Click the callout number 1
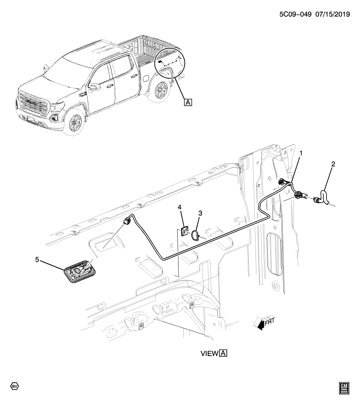point(301,152)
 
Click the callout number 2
point(333,164)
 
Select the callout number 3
point(200,214)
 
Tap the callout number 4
point(179,207)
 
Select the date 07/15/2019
point(330,14)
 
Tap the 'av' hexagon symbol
point(14,386)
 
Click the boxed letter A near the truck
point(187,101)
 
